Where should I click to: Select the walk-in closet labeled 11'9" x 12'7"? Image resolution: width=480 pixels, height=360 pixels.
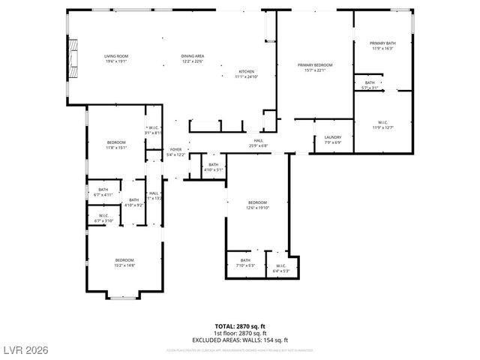click(382, 122)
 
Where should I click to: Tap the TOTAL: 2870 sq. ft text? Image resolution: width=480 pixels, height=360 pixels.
click(241, 326)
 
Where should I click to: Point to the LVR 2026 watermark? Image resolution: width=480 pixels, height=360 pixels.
click(26, 349)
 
